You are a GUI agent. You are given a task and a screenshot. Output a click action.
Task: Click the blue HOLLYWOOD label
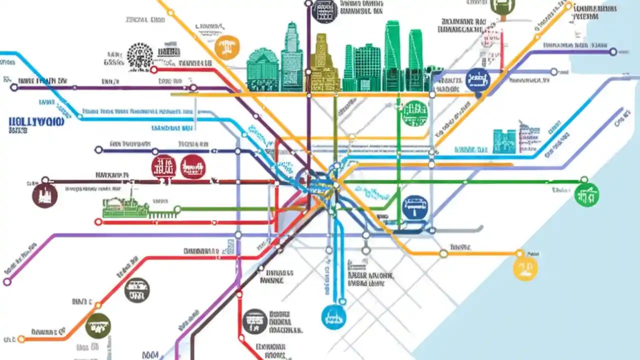coord(36,121)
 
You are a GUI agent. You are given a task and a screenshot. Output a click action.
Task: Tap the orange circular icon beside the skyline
coord(227,48)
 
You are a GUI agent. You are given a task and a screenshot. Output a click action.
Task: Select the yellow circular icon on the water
coord(525,268)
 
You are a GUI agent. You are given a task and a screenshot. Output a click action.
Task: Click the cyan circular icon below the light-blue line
coord(334,316)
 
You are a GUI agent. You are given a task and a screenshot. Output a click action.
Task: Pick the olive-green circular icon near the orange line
coord(98,325)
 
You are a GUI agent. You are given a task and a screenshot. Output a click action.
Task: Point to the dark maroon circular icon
coord(44,195)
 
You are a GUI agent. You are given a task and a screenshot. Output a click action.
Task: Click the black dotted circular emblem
coord(140,55)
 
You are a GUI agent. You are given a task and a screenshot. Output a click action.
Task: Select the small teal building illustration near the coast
coord(504,141)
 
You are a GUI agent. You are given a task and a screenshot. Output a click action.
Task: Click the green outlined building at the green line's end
coord(125,208)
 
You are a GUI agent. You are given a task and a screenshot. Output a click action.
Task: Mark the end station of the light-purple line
coord(7,282)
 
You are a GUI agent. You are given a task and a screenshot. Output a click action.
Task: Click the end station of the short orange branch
coord(21,339)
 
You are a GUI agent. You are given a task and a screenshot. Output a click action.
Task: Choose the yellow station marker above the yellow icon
coord(520,253)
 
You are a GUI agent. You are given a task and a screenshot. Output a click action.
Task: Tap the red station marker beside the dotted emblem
coord(154,70)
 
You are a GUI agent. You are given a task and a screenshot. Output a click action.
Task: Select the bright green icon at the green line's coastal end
coord(586,194)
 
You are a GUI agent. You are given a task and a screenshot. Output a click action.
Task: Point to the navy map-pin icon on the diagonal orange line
coord(477,80)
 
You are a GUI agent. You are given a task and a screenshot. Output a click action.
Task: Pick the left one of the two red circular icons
coord(163,166)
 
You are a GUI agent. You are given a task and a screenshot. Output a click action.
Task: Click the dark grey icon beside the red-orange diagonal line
coord(136,290)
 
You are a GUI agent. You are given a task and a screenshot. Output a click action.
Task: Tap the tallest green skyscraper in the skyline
coord(392,55)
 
